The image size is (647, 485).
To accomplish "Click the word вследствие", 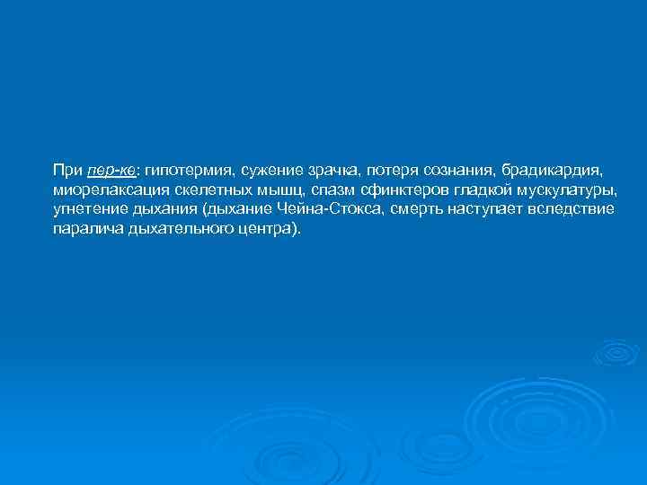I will point(571,209).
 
